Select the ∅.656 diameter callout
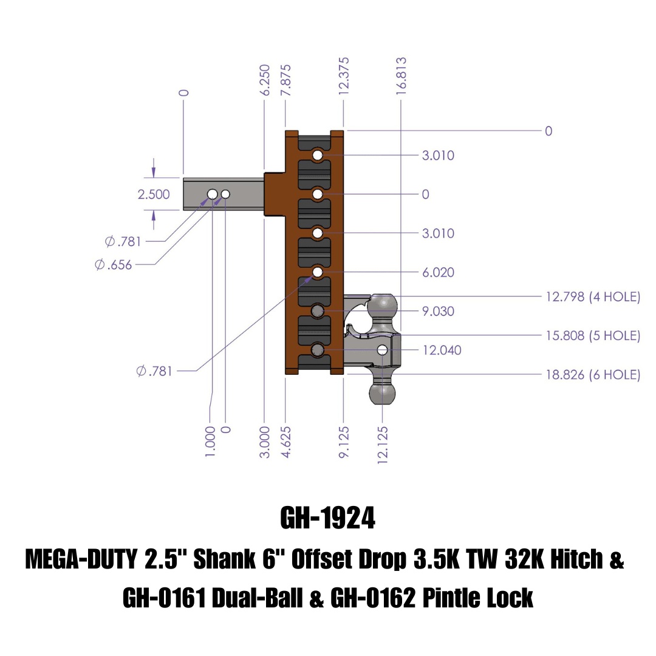click(114, 265)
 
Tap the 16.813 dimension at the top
click(400, 74)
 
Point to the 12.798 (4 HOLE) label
click(592, 297)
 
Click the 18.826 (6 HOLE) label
click(592, 375)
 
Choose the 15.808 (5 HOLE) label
click(592, 336)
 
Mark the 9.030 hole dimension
click(438, 312)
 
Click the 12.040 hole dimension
click(442, 350)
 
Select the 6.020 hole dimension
click(438, 273)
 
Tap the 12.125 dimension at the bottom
click(383, 445)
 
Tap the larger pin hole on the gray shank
click(212, 194)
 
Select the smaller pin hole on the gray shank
click(226, 194)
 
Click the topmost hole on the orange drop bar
click(318, 156)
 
